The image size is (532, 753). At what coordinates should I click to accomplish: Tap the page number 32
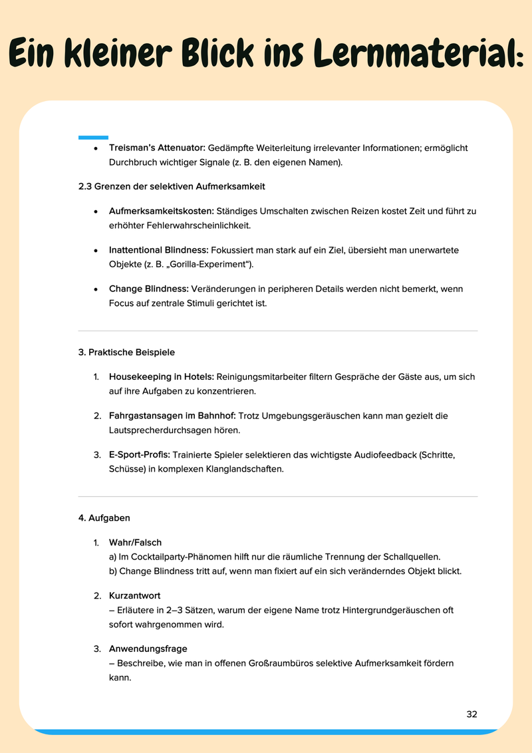click(471, 714)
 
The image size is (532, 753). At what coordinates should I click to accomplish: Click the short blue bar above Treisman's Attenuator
click(93, 138)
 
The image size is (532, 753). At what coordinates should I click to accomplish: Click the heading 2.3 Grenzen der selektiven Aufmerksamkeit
click(172, 186)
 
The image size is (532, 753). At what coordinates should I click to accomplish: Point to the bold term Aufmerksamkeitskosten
click(162, 211)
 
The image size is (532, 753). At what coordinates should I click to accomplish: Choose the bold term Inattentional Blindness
click(159, 250)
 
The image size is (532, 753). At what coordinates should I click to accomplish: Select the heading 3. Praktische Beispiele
click(126, 352)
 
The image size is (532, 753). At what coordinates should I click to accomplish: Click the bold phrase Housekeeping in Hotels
click(162, 376)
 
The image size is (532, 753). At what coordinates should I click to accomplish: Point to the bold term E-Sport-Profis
click(140, 455)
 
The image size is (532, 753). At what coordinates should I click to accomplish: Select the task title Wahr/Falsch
click(135, 543)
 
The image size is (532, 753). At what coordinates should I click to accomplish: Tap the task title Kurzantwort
click(134, 595)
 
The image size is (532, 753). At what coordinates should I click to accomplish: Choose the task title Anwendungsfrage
click(148, 649)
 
